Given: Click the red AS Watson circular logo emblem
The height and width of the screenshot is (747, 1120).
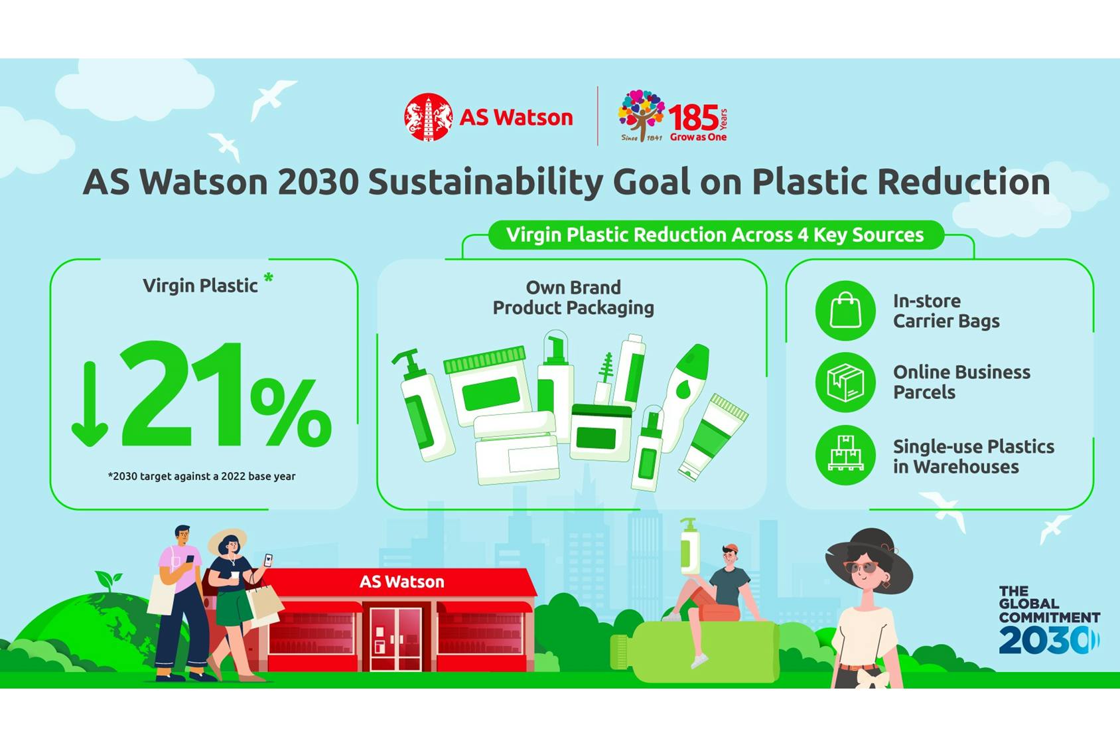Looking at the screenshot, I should pos(428,117).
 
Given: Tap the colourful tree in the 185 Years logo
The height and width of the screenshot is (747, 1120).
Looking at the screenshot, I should pos(641,112).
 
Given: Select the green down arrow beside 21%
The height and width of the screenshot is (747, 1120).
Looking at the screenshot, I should pos(90,405).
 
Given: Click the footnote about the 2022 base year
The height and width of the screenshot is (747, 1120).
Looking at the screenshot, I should pos(202,476).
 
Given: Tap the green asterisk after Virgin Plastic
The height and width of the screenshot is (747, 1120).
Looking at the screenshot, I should pos(268,278).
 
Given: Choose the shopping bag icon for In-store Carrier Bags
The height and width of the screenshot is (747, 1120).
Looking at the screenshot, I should pos(845,310).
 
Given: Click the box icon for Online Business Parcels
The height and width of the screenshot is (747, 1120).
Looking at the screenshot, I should pos(845,382).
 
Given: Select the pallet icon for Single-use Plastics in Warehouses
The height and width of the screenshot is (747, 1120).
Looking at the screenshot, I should pos(845,455).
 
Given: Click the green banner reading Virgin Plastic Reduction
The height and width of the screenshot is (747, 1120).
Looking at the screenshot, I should pos(715,235).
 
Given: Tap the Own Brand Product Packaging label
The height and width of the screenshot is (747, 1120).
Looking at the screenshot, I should pos(573,297).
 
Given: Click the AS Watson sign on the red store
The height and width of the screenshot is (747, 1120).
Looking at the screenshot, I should pos(401,582).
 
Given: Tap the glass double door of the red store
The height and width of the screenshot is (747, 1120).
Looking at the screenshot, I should pos(395,637).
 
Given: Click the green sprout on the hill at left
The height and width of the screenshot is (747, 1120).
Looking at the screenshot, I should pos(108,580).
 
